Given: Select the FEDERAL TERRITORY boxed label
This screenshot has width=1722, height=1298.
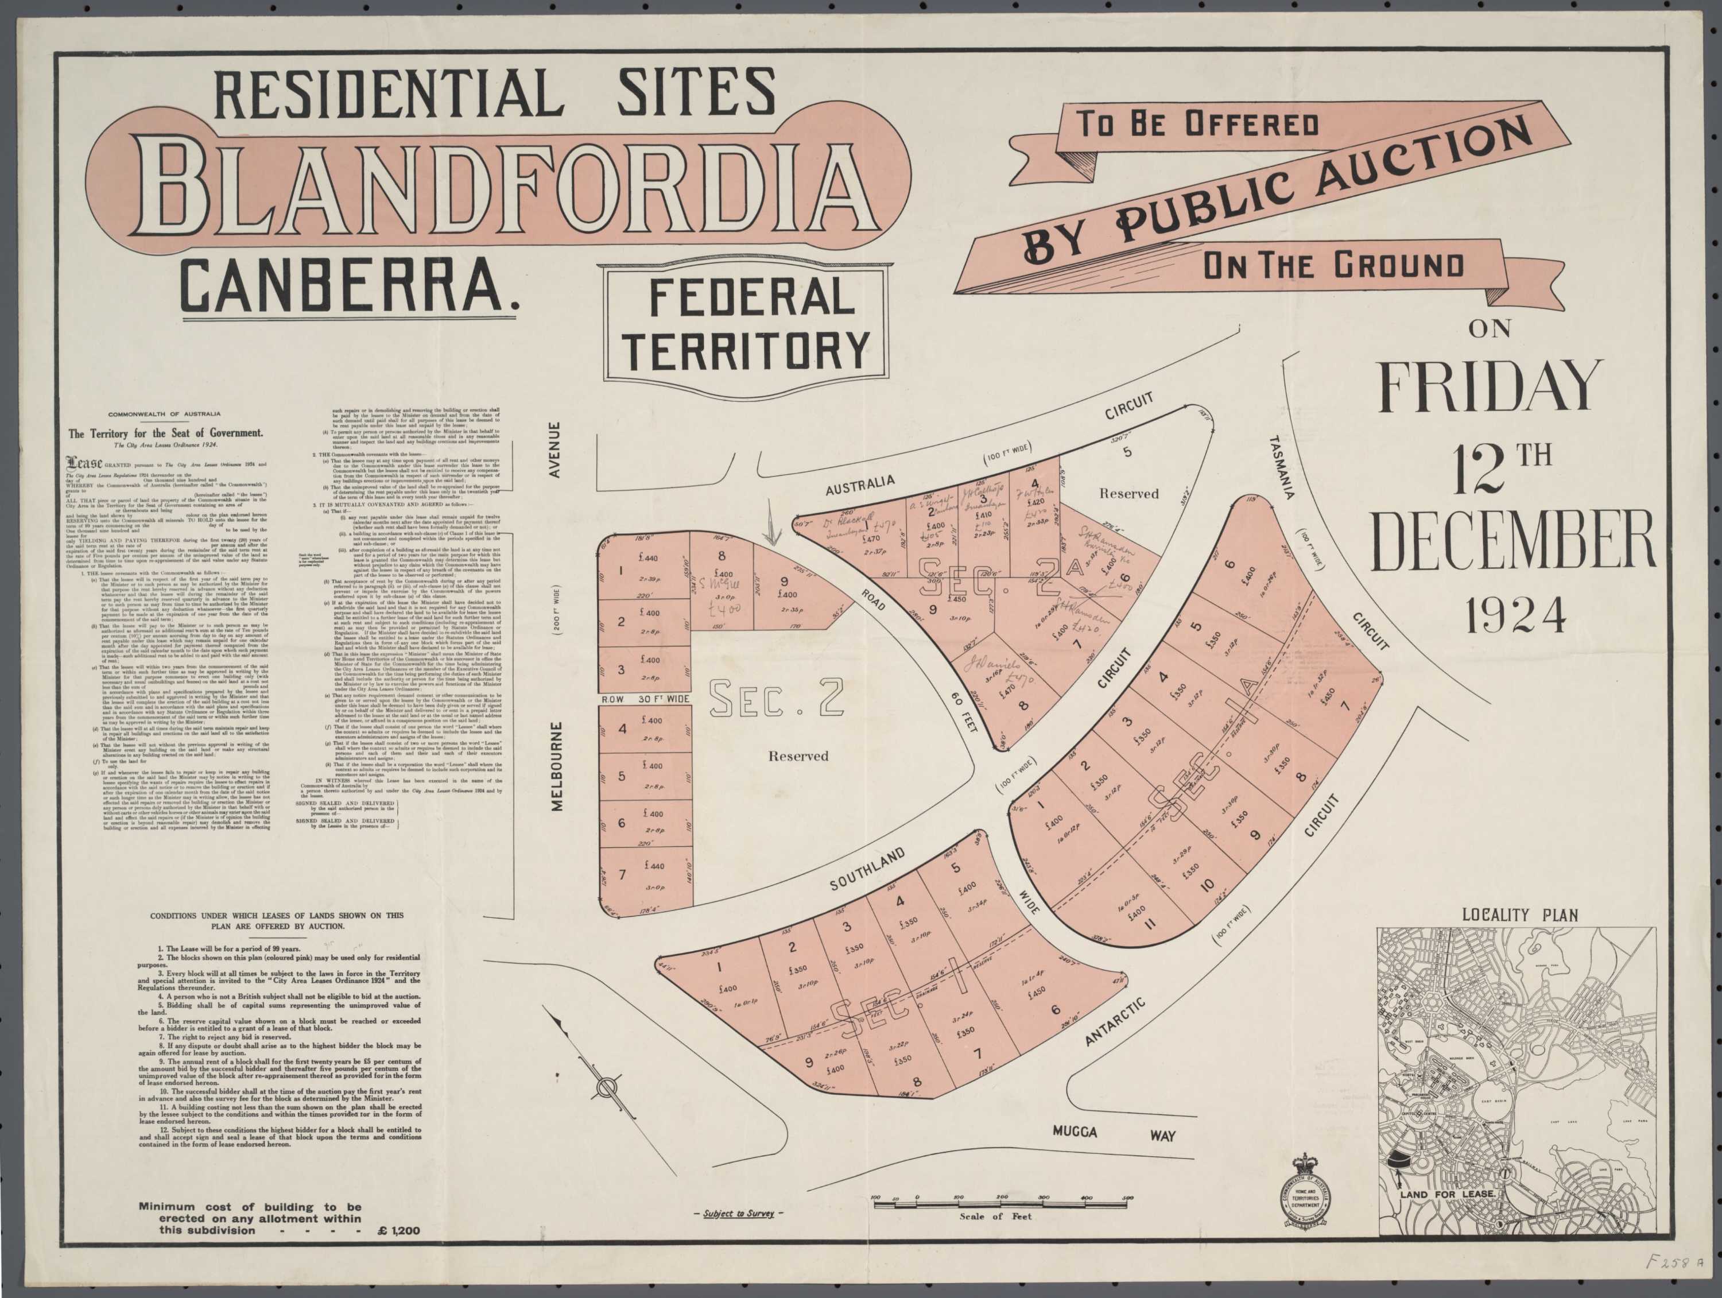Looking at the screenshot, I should pos(745,325).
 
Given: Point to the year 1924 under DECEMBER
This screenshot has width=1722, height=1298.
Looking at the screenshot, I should pos(1516,615).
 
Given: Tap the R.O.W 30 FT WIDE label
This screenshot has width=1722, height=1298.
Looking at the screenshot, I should pos(645,699).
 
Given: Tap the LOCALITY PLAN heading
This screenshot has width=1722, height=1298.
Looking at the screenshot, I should pos(1519,915).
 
